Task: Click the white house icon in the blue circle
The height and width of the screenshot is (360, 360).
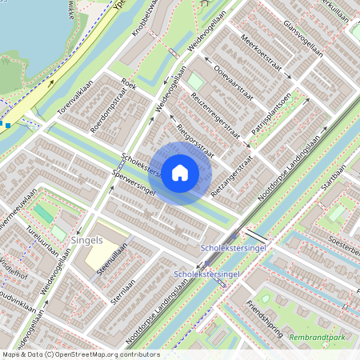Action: click(180, 173)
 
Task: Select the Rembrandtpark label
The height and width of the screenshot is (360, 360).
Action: click(317, 336)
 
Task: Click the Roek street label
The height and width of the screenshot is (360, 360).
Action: click(129, 82)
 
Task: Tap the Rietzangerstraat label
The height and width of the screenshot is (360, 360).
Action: click(233, 177)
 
